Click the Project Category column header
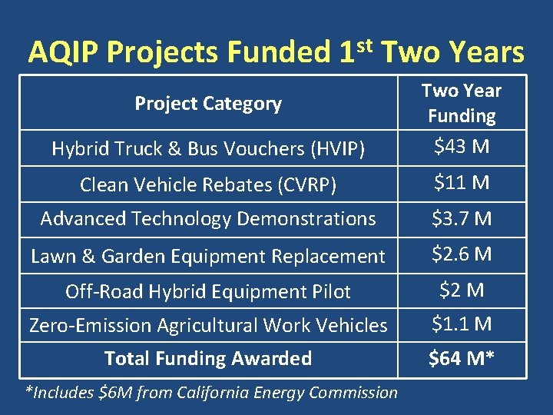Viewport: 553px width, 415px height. (x=208, y=103)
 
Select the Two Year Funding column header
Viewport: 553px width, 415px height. (x=462, y=103)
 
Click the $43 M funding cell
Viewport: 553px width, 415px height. (x=462, y=146)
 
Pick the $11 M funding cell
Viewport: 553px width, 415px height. (x=462, y=183)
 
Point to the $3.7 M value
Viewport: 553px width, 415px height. (x=462, y=219)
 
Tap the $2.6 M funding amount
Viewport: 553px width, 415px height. (x=462, y=254)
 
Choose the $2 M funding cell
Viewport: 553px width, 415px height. (x=462, y=290)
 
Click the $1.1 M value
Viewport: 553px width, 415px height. (x=462, y=324)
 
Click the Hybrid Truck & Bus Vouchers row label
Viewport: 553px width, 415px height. (x=208, y=149)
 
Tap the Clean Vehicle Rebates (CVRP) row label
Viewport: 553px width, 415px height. (x=208, y=184)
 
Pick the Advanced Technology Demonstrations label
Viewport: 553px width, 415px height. (x=208, y=219)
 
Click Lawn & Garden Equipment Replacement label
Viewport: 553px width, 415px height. (x=208, y=256)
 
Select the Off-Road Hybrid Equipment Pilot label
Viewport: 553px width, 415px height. (x=208, y=291)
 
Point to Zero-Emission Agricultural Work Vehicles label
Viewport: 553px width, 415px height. (x=208, y=325)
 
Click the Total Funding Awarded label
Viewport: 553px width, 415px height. (x=208, y=358)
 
